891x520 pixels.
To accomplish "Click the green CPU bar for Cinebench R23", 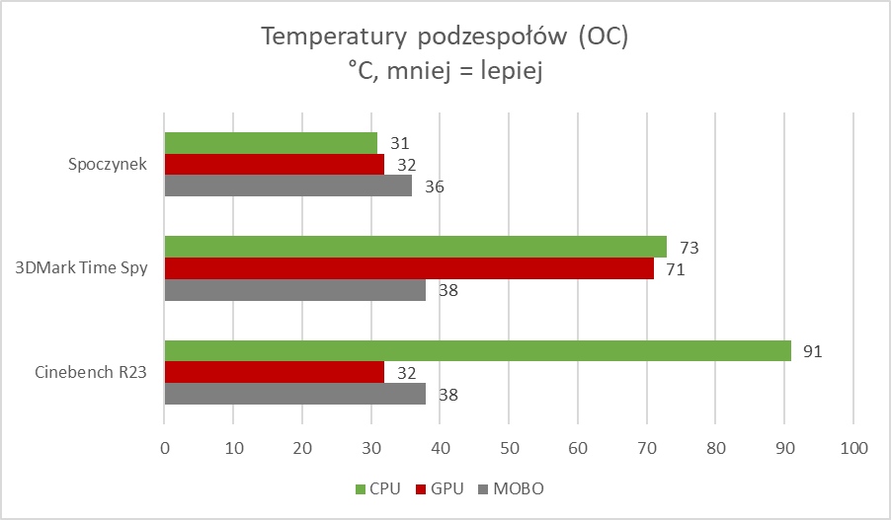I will (477, 350).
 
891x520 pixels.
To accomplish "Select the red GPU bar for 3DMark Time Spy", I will (409, 268).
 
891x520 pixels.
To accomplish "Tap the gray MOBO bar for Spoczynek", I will (287, 186).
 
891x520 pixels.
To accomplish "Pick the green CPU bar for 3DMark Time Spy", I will (415, 247).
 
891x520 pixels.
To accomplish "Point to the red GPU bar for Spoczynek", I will (274, 164).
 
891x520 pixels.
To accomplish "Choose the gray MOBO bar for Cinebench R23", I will (294, 394).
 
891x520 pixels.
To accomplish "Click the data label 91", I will (814, 351).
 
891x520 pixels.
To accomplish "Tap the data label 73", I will (689, 247).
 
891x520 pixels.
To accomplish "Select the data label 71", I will (676, 268).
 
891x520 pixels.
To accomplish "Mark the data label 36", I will (435, 186).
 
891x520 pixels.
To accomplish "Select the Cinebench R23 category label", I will (92, 372).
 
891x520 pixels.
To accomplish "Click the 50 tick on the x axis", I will (509, 448).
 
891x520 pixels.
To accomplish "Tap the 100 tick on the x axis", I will (852, 448).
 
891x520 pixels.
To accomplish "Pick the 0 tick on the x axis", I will (165, 448).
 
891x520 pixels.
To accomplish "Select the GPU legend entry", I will (440, 488).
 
